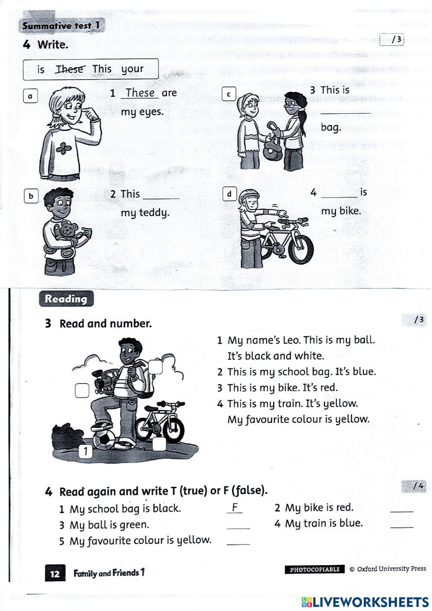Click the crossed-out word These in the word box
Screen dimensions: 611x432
pyautogui.click(x=70, y=69)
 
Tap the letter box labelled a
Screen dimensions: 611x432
pyautogui.click(x=30, y=96)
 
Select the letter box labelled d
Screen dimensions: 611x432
pyautogui.click(x=229, y=194)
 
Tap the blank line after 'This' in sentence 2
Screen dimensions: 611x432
pyautogui.click(x=161, y=196)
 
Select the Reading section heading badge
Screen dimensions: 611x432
pyautogui.click(x=66, y=299)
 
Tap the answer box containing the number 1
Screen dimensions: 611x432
pyautogui.click(x=86, y=451)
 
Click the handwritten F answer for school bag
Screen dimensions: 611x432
pyautogui.click(x=235, y=507)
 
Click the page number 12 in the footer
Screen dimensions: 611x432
pyautogui.click(x=55, y=574)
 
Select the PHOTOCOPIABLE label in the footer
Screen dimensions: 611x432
pyautogui.click(x=314, y=569)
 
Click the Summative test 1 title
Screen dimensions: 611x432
pyautogui.click(x=61, y=26)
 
